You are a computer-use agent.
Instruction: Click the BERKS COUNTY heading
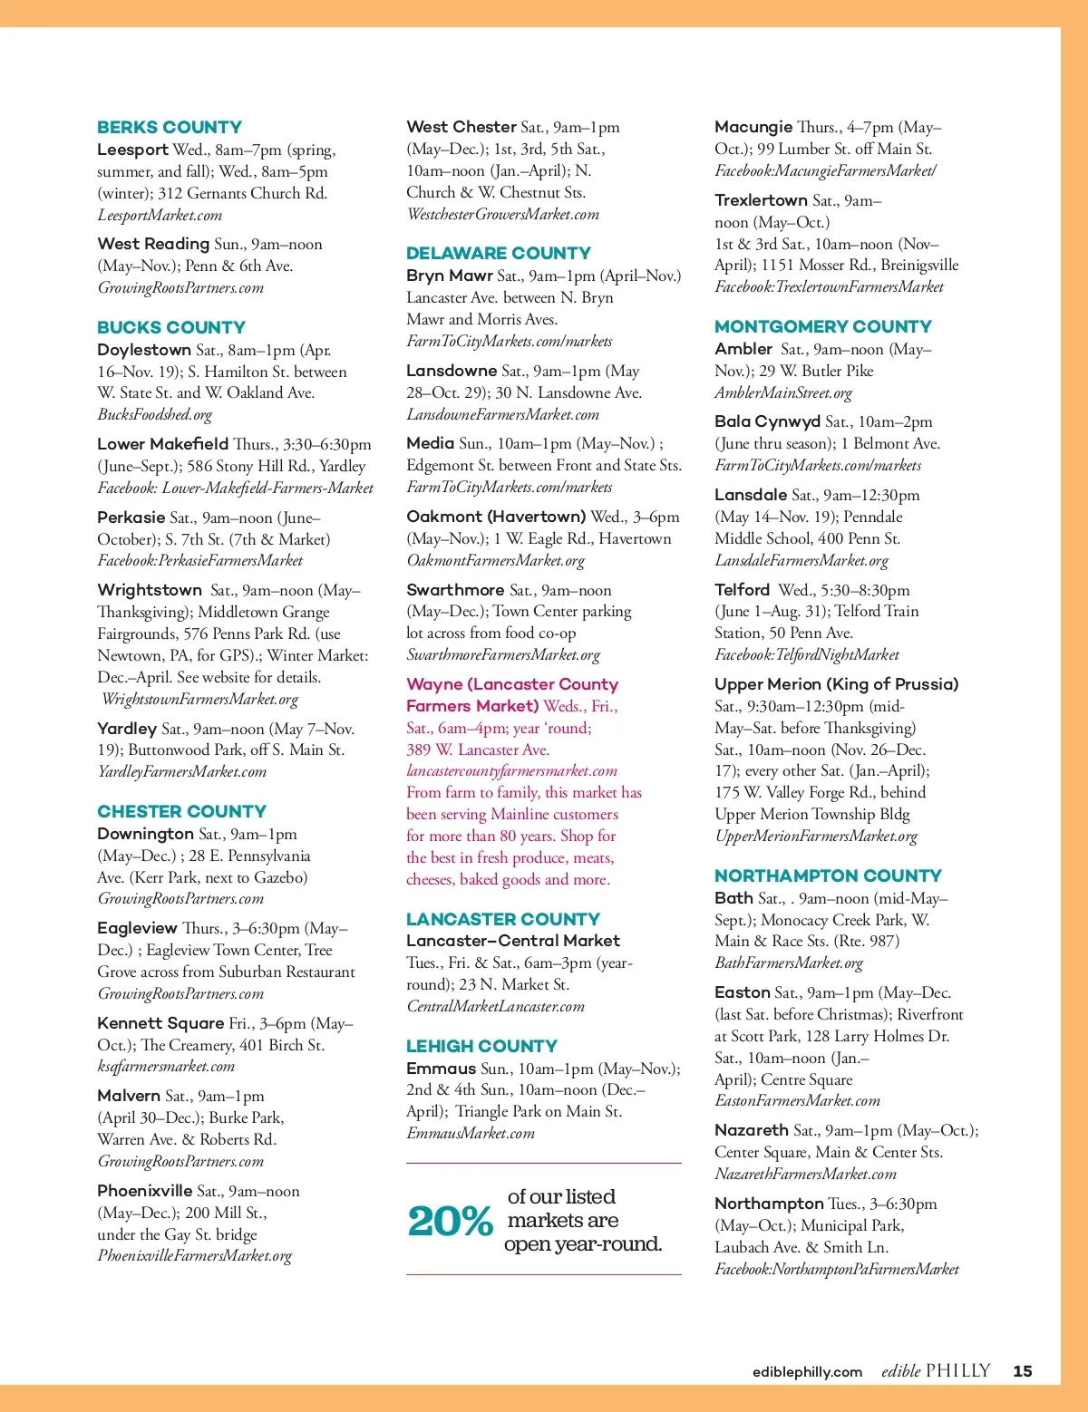pyautogui.click(x=170, y=128)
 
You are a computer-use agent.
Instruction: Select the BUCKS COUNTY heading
pyautogui.click(x=171, y=327)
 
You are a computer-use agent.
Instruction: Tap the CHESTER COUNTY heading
pyautogui.click(x=181, y=811)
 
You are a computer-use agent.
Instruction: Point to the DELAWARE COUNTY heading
pyautogui.click(x=498, y=253)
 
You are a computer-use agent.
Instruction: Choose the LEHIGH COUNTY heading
pyautogui.click(x=481, y=1046)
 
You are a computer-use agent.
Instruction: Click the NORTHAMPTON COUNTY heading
pyautogui.click(x=828, y=875)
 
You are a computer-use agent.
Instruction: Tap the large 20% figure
pyautogui.click(x=450, y=1221)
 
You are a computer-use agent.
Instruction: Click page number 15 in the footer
pyautogui.click(x=1023, y=1371)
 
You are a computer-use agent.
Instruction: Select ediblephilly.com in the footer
pyautogui.click(x=807, y=1372)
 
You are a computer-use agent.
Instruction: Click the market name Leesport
pyautogui.click(x=132, y=150)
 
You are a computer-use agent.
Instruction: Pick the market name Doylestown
pyautogui.click(x=144, y=350)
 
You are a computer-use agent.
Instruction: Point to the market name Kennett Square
pyautogui.click(x=160, y=1023)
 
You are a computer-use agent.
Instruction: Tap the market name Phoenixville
pyautogui.click(x=145, y=1191)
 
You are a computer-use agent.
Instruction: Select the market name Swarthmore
pyautogui.click(x=455, y=590)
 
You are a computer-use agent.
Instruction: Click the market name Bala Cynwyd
pyautogui.click(x=767, y=421)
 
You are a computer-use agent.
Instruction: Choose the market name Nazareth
pyautogui.click(x=752, y=1130)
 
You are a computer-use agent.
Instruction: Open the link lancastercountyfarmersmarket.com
pyautogui.click(x=511, y=771)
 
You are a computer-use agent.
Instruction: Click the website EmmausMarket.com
pyautogui.click(x=471, y=1134)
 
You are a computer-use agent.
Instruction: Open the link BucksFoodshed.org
pyautogui.click(x=155, y=415)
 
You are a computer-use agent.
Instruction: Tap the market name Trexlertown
pyautogui.click(x=761, y=200)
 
